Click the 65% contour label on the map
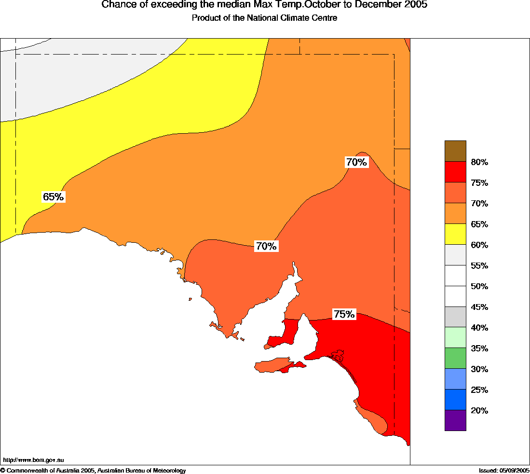(53, 197)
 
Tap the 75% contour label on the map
(344, 314)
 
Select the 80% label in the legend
(479, 162)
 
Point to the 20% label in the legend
(479, 411)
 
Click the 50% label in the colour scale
(479, 286)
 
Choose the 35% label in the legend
(479, 349)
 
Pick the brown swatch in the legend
(455, 151)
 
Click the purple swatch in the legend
(455, 420)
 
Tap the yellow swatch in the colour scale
(455, 234)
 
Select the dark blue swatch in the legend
(455, 399)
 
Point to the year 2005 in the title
(416, 5)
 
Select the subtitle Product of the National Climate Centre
(264, 18)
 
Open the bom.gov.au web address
(33, 460)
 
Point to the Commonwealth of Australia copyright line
(93, 470)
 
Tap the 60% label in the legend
(479, 245)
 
